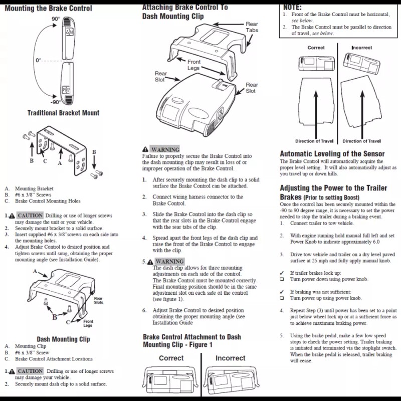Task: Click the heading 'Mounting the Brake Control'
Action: pyautogui.click(x=48, y=8)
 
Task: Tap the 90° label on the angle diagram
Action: pyautogui.click(x=56, y=19)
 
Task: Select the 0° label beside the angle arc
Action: pyautogui.click(x=38, y=60)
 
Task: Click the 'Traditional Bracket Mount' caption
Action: pyautogui.click(x=63, y=113)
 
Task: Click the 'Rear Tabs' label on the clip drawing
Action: pyautogui.click(x=252, y=27)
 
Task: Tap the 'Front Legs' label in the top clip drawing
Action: pyautogui.click(x=193, y=65)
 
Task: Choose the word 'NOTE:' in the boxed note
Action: pyautogui.click(x=292, y=8)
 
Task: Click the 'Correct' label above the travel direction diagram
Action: pyautogui.click(x=316, y=48)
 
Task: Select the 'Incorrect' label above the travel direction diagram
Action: pyautogui.click(x=361, y=48)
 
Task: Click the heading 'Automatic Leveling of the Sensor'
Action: pyautogui.click(x=332, y=154)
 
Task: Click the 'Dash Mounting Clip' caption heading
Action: pyautogui.click(x=63, y=339)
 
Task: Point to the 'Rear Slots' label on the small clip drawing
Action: pyautogui.click(x=99, y=300)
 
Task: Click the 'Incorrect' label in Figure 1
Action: pyautogui.click(x=230, y=358)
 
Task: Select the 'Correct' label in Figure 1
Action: pyautogui.click(x=171, y=358)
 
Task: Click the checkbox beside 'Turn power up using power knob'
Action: pyautogui.click(x=282, y=298)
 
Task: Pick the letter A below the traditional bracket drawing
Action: pyautogui.click(x=60, y=163)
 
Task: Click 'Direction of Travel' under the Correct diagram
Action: pyautogui.click(x=315, y=141)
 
